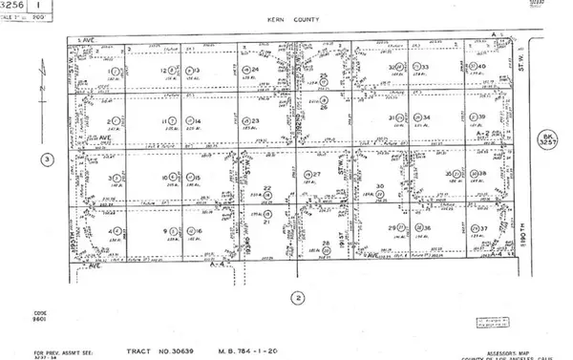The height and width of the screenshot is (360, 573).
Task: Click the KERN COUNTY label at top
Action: [x=286, y=18]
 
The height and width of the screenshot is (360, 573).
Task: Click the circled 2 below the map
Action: [x=299, y=297]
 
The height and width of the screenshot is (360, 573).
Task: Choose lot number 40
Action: [x=482, y=67]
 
